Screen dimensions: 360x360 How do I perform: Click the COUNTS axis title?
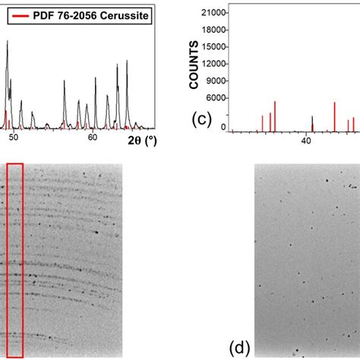[x=194, y=69]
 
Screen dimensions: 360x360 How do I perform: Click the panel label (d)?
[x=240, y=348]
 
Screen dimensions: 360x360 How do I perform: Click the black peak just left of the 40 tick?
[x=312, y=122]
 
